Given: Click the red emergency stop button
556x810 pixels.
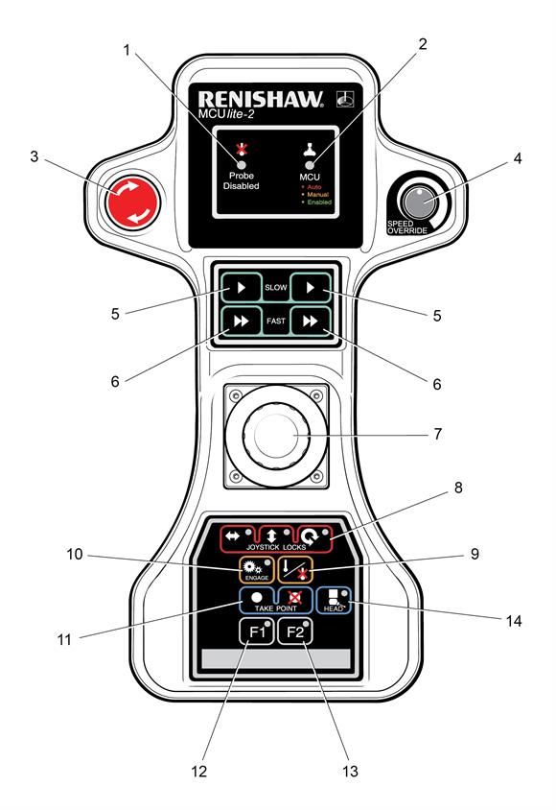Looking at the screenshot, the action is click(132, 202).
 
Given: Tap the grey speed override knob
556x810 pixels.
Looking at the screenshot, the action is click(419, 202).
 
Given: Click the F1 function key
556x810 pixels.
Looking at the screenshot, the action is click(257, 631).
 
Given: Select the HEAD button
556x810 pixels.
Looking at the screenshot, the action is click(334, 600).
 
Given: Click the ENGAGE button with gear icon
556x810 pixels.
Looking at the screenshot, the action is click(256, 570).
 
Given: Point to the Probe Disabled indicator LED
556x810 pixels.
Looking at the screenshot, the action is click(241, 164).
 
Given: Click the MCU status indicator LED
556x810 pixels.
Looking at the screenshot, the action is click(310, 165).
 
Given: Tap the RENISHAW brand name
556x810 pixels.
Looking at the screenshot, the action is click(261, 99).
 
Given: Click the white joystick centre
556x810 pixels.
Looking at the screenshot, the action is click(276, 436).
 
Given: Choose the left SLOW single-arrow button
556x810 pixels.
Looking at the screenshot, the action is click(242, 287).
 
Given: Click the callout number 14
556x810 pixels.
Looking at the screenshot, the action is click(514, 620).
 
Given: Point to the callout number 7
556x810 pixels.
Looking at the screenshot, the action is click(437, 434).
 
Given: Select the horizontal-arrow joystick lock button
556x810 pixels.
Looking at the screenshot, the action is click(239, 537).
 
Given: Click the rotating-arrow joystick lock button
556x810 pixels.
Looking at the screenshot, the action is click(313, 537).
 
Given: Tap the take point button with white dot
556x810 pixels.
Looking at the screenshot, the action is click(257, 599).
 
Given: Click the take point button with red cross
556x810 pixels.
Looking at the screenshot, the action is click(295, 599).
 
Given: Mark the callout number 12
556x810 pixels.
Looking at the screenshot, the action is click(199, 772).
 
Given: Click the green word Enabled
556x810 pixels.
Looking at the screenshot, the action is click(319, 202).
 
